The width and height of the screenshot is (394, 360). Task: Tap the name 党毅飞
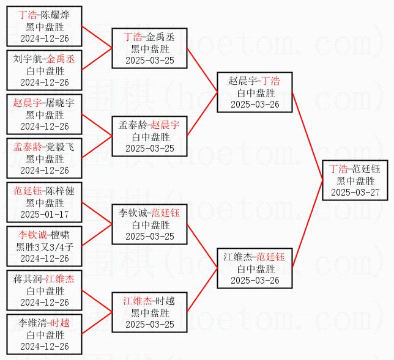pos(60,147)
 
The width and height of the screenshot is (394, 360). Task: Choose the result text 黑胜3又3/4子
pos(44,247)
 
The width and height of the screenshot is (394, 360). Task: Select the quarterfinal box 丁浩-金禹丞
pos(149,48)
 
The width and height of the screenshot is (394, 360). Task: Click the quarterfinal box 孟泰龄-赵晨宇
pos(149,136)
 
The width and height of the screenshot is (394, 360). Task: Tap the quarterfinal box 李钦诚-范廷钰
pos(149,224)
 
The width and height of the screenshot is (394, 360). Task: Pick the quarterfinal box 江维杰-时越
pos(149,312)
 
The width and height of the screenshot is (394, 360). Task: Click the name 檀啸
pos(60,235)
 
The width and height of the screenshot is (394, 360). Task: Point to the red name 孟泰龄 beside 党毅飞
pos(28,147)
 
